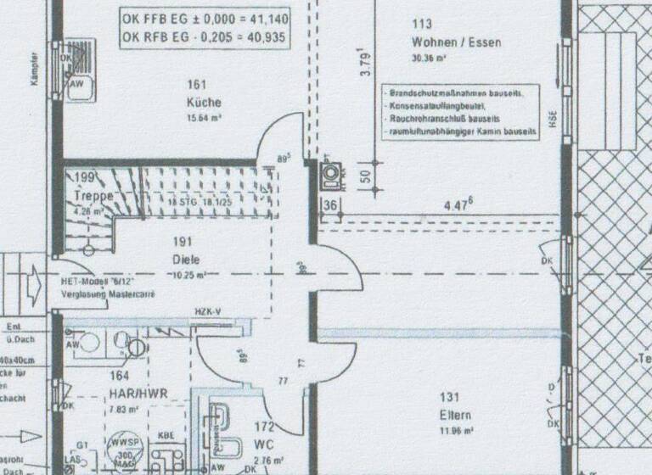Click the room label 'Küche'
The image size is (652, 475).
(197, 103)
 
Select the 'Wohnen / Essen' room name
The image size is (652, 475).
(456, 42)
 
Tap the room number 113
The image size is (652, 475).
(421, 25)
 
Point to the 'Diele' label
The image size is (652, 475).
(186, 260)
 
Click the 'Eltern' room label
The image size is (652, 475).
(455, 416)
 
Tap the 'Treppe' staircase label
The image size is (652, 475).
(94, 196)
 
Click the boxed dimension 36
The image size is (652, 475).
(329, 204)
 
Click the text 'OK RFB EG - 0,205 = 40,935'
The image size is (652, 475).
(203, 38)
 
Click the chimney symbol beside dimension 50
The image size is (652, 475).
(329, 175)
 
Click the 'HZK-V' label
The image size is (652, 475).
(207, 312)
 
